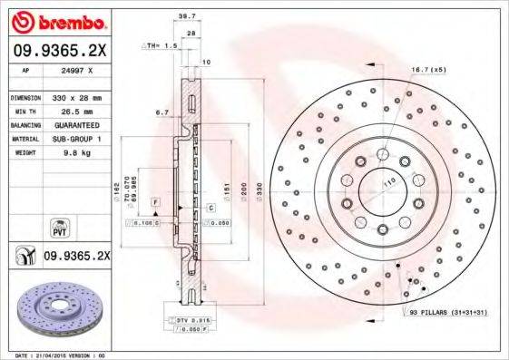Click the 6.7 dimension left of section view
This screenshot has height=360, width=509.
coord(163,112)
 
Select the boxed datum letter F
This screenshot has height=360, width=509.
coord(156,199)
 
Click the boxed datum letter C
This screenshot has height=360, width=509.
coord(210,208)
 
